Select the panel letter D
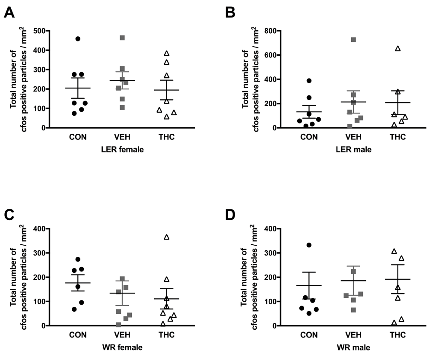click(231, 214)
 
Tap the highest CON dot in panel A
click(78, 39)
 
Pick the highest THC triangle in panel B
click(398, 48)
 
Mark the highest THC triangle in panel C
click(167, 237)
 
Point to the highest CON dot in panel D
click(309, 245)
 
